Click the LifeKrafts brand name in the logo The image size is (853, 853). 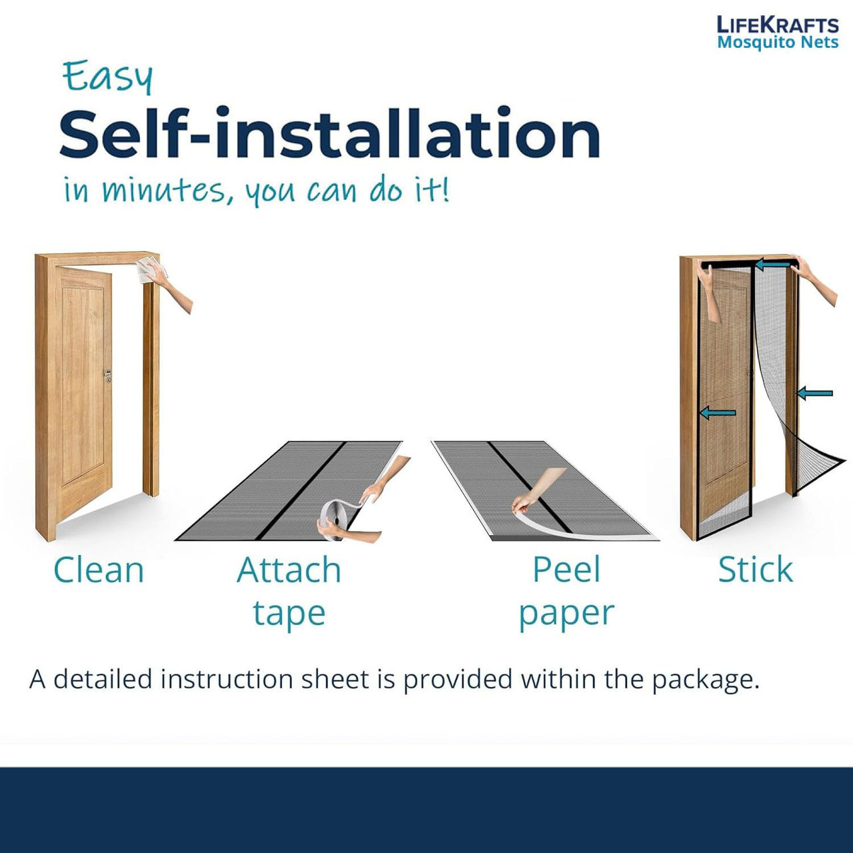click(x=777, y=25)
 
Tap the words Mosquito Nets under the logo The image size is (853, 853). click(x=778, y=43)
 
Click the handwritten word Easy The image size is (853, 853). click(x=107, y=77)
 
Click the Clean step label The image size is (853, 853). click(x=99, y=570)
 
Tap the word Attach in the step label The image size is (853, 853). click(x=289, y=570)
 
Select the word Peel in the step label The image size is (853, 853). click(x=566, y=570)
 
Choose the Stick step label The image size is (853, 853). click(x=755, y=570)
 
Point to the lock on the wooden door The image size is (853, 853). click(x=107, y=377)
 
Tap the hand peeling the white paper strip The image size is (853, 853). click(x=536, y=490)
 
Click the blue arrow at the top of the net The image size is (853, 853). click(x=772, y=265)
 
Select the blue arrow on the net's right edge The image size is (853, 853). click(x=814, y=393)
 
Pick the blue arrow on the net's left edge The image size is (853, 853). click(x=718, y=413)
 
